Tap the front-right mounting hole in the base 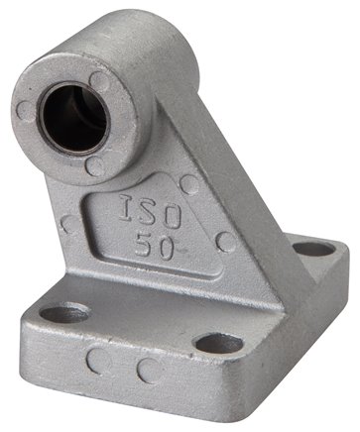click(x=218, y=346)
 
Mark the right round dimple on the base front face click(x=148, y=373)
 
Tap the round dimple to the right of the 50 click(x=227, y=242)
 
